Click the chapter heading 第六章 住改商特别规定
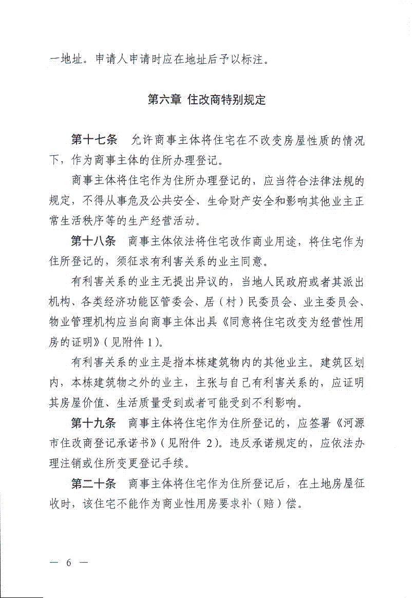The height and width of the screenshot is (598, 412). click(x=207, y=100)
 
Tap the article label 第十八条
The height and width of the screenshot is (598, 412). click(x=94, y=241)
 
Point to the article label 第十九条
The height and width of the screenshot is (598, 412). click(x=94, y=423)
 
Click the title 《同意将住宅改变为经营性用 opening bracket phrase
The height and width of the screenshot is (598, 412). click(x=304, y=322)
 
